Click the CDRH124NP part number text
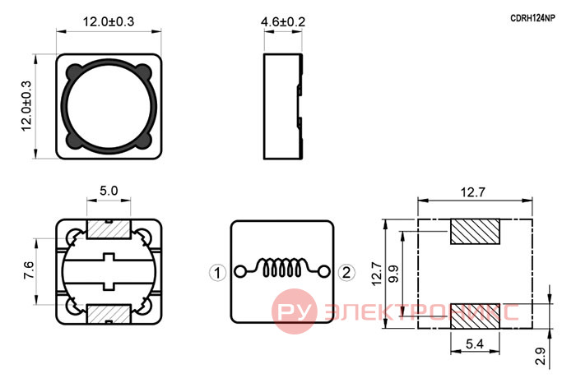[532, 18]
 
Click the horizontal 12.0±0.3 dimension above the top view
[109, 21]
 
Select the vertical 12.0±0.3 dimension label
[27, 106]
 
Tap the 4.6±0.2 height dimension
[283, 22]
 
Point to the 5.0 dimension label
[109, 191]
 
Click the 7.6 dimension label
[29, 270]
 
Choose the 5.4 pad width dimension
[475, 344]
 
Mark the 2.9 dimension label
[541, 356]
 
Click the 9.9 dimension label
[393, 274]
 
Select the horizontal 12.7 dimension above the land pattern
[473, 192]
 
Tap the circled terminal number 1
[217, 273]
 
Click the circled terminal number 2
[346, 273]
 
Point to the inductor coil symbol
[281, 267]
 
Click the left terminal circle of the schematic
[240, 272]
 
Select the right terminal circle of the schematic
[323, 272]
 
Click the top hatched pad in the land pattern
[475, 232]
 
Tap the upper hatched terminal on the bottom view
[109, 229]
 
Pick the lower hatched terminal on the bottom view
[109, 314]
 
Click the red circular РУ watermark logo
[295, 311]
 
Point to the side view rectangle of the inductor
[283, 107]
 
